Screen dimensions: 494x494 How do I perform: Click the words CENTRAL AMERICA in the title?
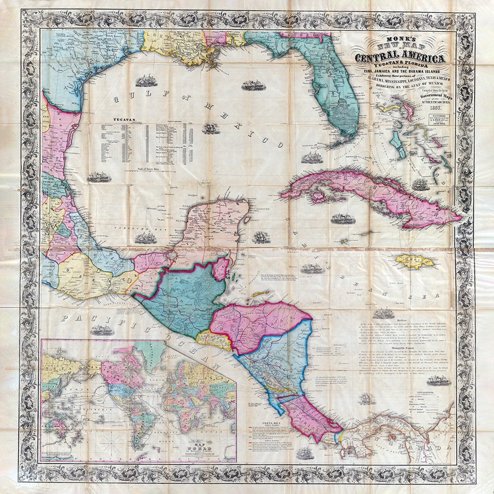point(400,58)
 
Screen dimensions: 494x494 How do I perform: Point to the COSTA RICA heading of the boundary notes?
point(269,424)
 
